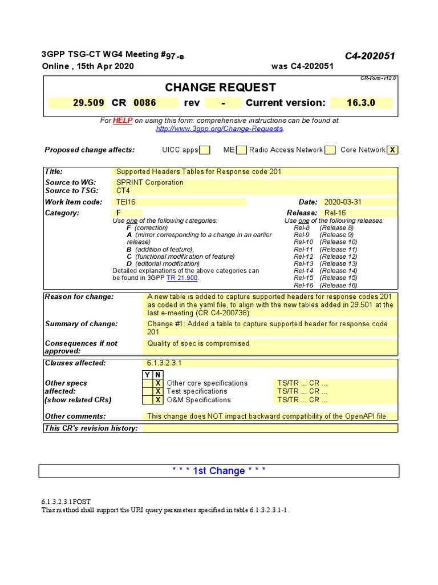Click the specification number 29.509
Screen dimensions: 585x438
coord(88,103)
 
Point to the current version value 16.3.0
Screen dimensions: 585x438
coord(368,103)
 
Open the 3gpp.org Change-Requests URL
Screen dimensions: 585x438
coord(220,129)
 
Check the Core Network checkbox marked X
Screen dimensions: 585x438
coord(392,150)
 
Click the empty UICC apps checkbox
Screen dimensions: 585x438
coord(205,150)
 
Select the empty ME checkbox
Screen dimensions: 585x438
coord(241,150)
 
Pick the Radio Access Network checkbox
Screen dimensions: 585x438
coord(330,150)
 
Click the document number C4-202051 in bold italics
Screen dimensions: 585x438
coord(370,55)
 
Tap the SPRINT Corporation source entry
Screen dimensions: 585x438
coord(150,183)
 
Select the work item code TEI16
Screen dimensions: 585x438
coord(126,202)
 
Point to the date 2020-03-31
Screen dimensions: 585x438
coord(343,202)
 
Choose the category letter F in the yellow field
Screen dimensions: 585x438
coord(119,213)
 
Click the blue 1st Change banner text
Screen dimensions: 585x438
coord(219,471)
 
